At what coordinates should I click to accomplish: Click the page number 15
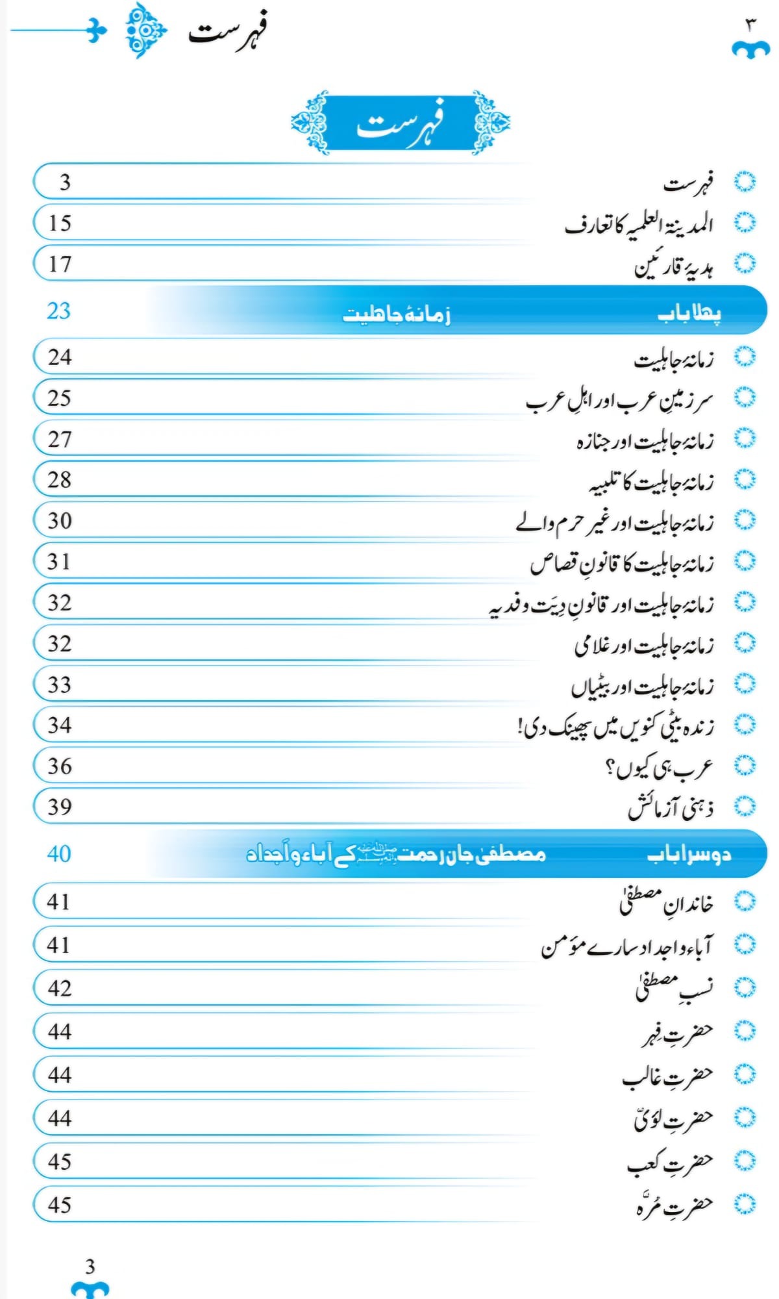60,223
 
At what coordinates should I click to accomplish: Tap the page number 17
60,264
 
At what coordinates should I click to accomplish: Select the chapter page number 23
58,311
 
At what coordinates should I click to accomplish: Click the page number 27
60,439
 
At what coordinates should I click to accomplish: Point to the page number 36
60,766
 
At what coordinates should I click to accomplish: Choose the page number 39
60,807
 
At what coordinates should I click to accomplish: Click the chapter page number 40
58,854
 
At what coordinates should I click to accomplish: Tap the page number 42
60,989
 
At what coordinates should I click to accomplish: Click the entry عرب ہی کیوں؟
659,768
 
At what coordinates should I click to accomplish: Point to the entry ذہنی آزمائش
671,808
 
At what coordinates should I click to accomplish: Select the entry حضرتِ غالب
667,1076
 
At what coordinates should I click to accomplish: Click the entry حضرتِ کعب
670,1163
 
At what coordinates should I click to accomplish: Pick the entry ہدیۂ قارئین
674,266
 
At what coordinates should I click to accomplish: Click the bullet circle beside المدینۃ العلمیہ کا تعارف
745,223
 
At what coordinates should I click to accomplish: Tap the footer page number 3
90,1266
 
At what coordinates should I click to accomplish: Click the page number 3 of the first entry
64,183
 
